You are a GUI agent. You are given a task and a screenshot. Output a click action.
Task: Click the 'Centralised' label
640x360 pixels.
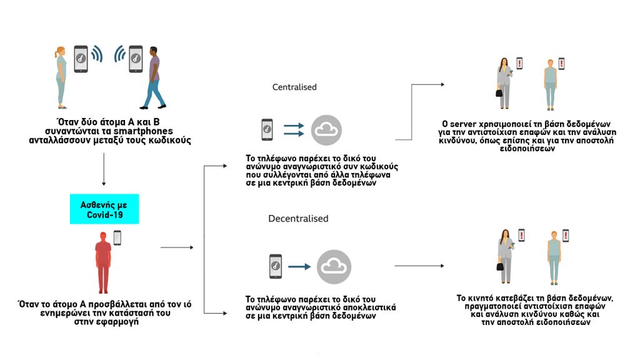pos(294,87)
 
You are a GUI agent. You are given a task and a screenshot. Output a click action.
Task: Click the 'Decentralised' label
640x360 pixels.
pos(298,219)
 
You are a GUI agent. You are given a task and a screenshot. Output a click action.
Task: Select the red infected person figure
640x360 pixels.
pos(103,263)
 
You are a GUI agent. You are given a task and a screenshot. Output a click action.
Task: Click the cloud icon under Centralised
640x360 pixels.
pos(326,130)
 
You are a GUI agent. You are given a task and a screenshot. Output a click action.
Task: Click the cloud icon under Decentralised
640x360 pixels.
pos(334,266)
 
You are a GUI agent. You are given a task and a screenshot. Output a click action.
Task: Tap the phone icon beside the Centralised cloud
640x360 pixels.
pos(267,130)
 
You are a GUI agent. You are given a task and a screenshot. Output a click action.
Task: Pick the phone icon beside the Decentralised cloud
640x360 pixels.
pos(276,266)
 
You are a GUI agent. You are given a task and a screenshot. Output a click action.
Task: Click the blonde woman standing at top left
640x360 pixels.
pos(60,74)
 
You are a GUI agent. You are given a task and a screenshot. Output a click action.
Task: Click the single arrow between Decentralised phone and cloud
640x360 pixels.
pos(299,267)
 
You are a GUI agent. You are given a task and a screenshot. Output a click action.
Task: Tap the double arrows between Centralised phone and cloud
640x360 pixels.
pos(294,130)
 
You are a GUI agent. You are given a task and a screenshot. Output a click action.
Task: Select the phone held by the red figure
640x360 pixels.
pos(117,237)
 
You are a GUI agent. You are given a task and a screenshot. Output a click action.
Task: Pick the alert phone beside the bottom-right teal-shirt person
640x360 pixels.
pos(566,236)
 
